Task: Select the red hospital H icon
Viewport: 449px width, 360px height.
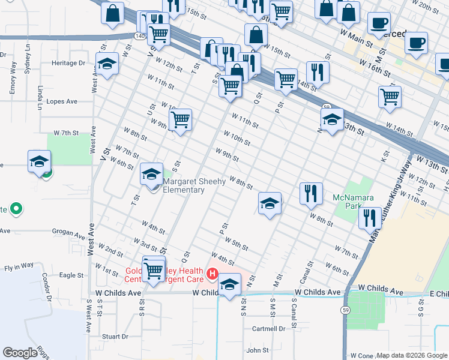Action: pyautogui.click(x=211, y=274)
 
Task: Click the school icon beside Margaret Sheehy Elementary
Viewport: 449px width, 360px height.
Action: pyautogui.click(x=151, y=175)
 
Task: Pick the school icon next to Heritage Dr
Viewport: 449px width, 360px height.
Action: pyautogui.click(x=107, y=64)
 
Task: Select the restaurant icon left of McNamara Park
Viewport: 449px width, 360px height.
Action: pyautogui.click(x=311, y=193)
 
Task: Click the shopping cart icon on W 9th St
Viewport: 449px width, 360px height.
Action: pyautogui.click(x=180, y=120)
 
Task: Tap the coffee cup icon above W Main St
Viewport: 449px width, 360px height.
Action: pyautogui.click(x=378, y=23)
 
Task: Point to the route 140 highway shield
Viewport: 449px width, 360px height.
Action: pyautogui.click(x=140, y=37)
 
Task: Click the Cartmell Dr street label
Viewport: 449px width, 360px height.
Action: pyautogui.click(x=268, y=329)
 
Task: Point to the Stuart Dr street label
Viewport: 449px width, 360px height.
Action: pyautogui.click(x=115, y=337)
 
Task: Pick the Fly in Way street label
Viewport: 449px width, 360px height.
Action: pyautogui.click(x=18, y=266)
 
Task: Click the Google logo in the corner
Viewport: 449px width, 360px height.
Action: pyautogui.click(x=20, y=353)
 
